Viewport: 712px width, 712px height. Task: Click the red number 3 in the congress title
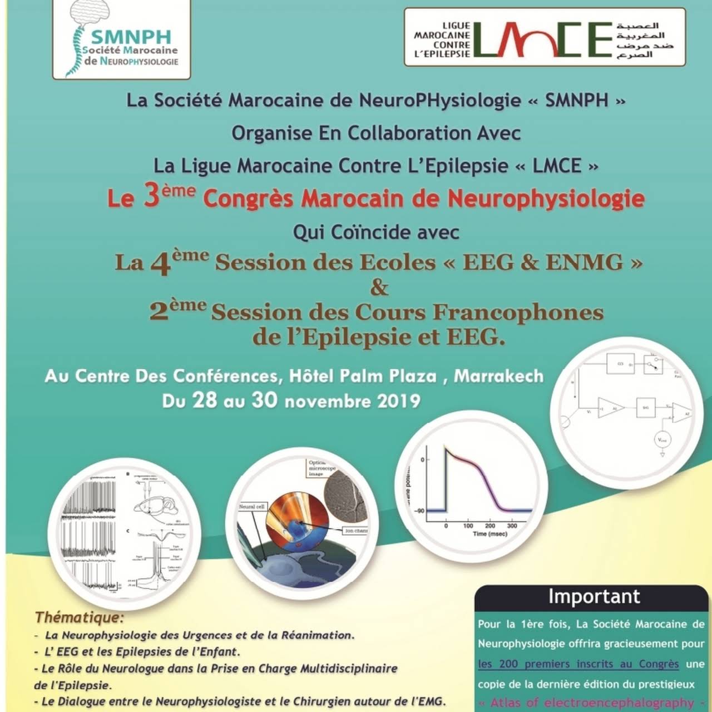pos(151,197)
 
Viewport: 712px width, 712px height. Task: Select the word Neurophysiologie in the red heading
pos(546,199)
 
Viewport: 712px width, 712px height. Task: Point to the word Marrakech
pos(498,376)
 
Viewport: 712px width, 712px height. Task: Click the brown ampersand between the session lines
pos(379,288)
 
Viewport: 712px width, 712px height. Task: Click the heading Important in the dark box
pos(594,596)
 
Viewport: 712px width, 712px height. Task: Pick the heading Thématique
pos(79,617)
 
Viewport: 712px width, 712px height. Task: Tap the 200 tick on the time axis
pos(489,526)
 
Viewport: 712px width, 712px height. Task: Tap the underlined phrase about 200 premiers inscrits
pos(578,664)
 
